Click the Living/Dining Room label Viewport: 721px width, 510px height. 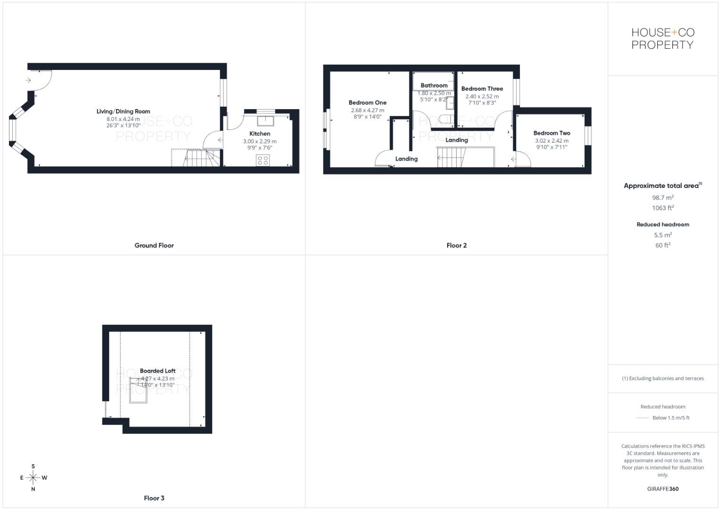[123, 111]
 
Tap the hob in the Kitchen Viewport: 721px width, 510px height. [263, 160]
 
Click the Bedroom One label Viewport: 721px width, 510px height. [367, 102]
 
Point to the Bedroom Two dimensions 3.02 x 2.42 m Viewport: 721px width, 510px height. [551, 141]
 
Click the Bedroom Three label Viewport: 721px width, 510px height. [482, 89]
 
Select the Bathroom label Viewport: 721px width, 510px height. [434, 85]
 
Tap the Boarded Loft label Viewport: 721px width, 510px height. [158, 371]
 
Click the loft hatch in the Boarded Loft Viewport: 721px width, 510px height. [138, 390]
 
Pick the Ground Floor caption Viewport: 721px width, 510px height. [154, 246]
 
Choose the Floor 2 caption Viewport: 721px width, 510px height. [457, 246]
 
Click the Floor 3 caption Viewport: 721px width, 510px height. [154, 498]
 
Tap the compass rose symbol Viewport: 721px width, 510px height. [33, 478]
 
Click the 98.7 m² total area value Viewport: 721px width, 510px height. [663, 198]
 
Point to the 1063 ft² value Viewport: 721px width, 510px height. [663, 208]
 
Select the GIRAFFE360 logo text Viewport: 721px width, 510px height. [663, 489]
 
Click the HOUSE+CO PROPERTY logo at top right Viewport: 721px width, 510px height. [663, 39]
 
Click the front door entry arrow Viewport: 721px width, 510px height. [28, 80]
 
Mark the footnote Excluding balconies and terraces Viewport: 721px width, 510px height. [663, 378]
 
